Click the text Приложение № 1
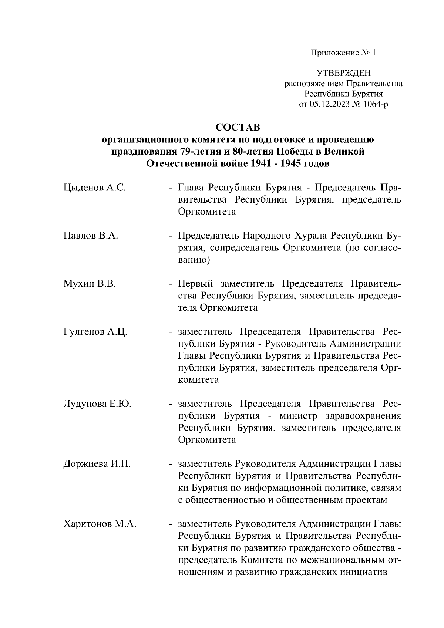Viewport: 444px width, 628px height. point(343,53)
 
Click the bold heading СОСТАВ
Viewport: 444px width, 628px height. point(238,127)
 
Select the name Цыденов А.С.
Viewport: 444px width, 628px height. point(95,188)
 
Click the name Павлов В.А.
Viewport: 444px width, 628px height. point(91,236)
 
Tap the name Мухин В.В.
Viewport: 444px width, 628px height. point(90,284)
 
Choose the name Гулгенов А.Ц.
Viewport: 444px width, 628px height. point(95,332)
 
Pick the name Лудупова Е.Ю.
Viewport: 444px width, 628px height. point(97,404)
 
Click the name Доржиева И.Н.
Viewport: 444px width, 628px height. point(97,464)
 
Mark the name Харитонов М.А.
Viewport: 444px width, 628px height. point(100,524)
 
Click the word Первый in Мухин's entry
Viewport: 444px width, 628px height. point(196,284)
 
